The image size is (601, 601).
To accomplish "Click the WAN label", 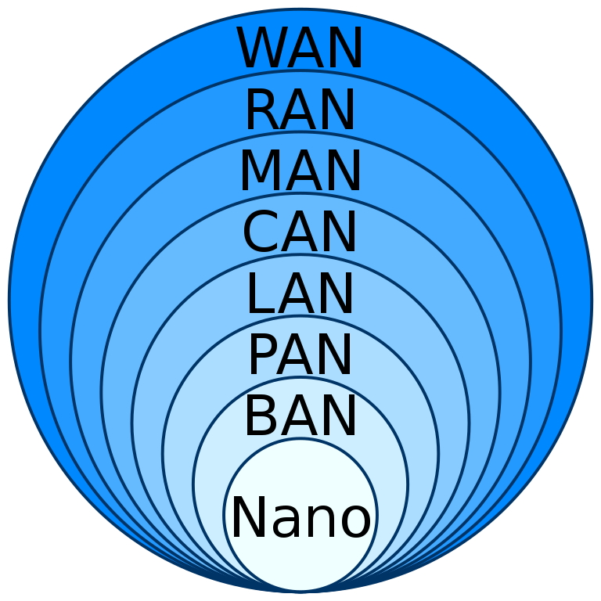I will point(300,49).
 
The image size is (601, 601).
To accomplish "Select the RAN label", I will point(300,111).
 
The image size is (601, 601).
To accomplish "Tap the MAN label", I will point(300,172).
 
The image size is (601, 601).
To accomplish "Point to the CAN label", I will point(300,233).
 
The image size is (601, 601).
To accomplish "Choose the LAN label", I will point(300,295).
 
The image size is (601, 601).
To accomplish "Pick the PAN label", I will point(300,356).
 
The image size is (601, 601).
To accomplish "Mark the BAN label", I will point(300,417).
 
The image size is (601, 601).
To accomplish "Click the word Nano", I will point(300,518).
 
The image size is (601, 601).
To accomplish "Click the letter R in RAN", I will point(261,111).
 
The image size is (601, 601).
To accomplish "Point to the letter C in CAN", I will point(261,233).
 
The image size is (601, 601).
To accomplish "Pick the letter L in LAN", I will point(260,295).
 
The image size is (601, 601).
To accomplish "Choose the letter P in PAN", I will point(263,356).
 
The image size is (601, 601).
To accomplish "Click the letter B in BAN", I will point(261,417).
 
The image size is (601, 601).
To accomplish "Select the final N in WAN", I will point(344,49).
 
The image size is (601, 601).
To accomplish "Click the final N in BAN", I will point(339,417).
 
